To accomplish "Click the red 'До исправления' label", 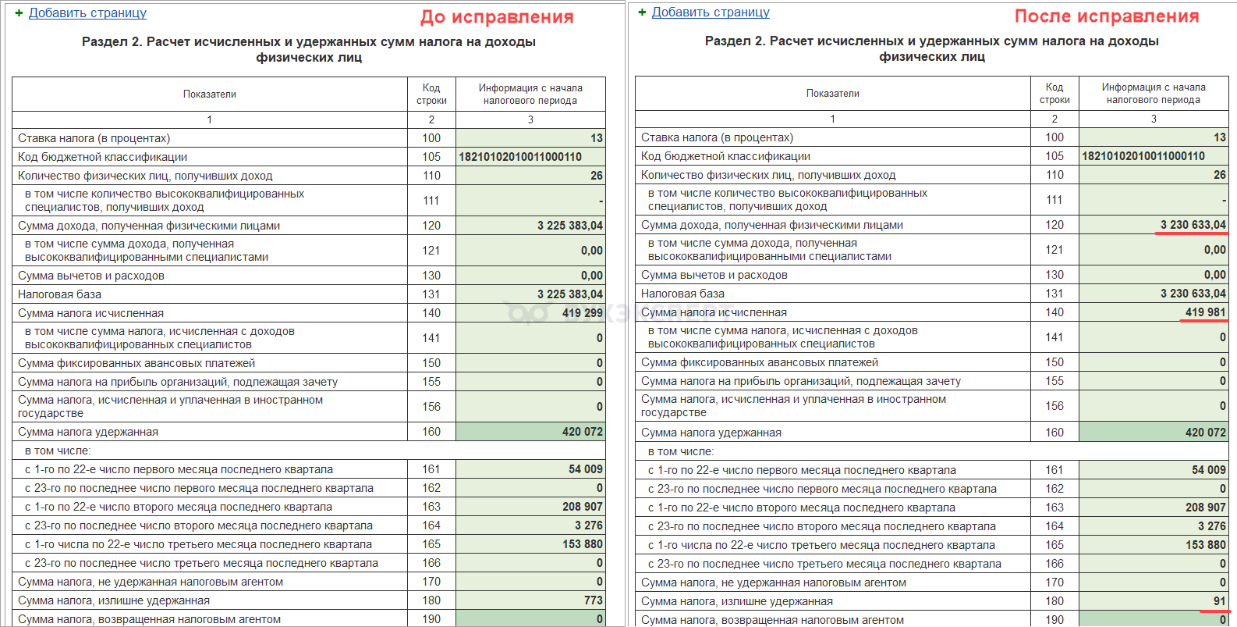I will coord(497,17).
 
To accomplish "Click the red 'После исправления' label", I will coord(1106,16).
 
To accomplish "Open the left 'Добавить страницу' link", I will coord(87,12).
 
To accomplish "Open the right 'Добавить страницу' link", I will coord(711,12).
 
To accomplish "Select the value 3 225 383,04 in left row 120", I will coord(569,226).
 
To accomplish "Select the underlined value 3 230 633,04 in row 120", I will coord(1193,225).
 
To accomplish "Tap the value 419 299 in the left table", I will coord(582,313).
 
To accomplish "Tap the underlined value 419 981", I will coord(1205,312).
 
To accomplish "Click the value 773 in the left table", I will coord(593,600).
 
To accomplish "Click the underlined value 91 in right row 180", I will coord(1219,601).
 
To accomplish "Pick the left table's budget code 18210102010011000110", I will coord(520,157).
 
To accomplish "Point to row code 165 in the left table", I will coord(431,544).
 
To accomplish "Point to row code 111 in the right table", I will coord(1054,200).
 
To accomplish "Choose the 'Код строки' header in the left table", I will coord(431,94).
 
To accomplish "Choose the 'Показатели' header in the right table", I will coord(832,94).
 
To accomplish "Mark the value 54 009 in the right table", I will coord(1208,470).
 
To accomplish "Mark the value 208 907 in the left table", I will coord(582,507).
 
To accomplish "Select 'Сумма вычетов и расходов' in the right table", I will coord(714,275).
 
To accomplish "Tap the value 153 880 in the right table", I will coord(1205,545).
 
